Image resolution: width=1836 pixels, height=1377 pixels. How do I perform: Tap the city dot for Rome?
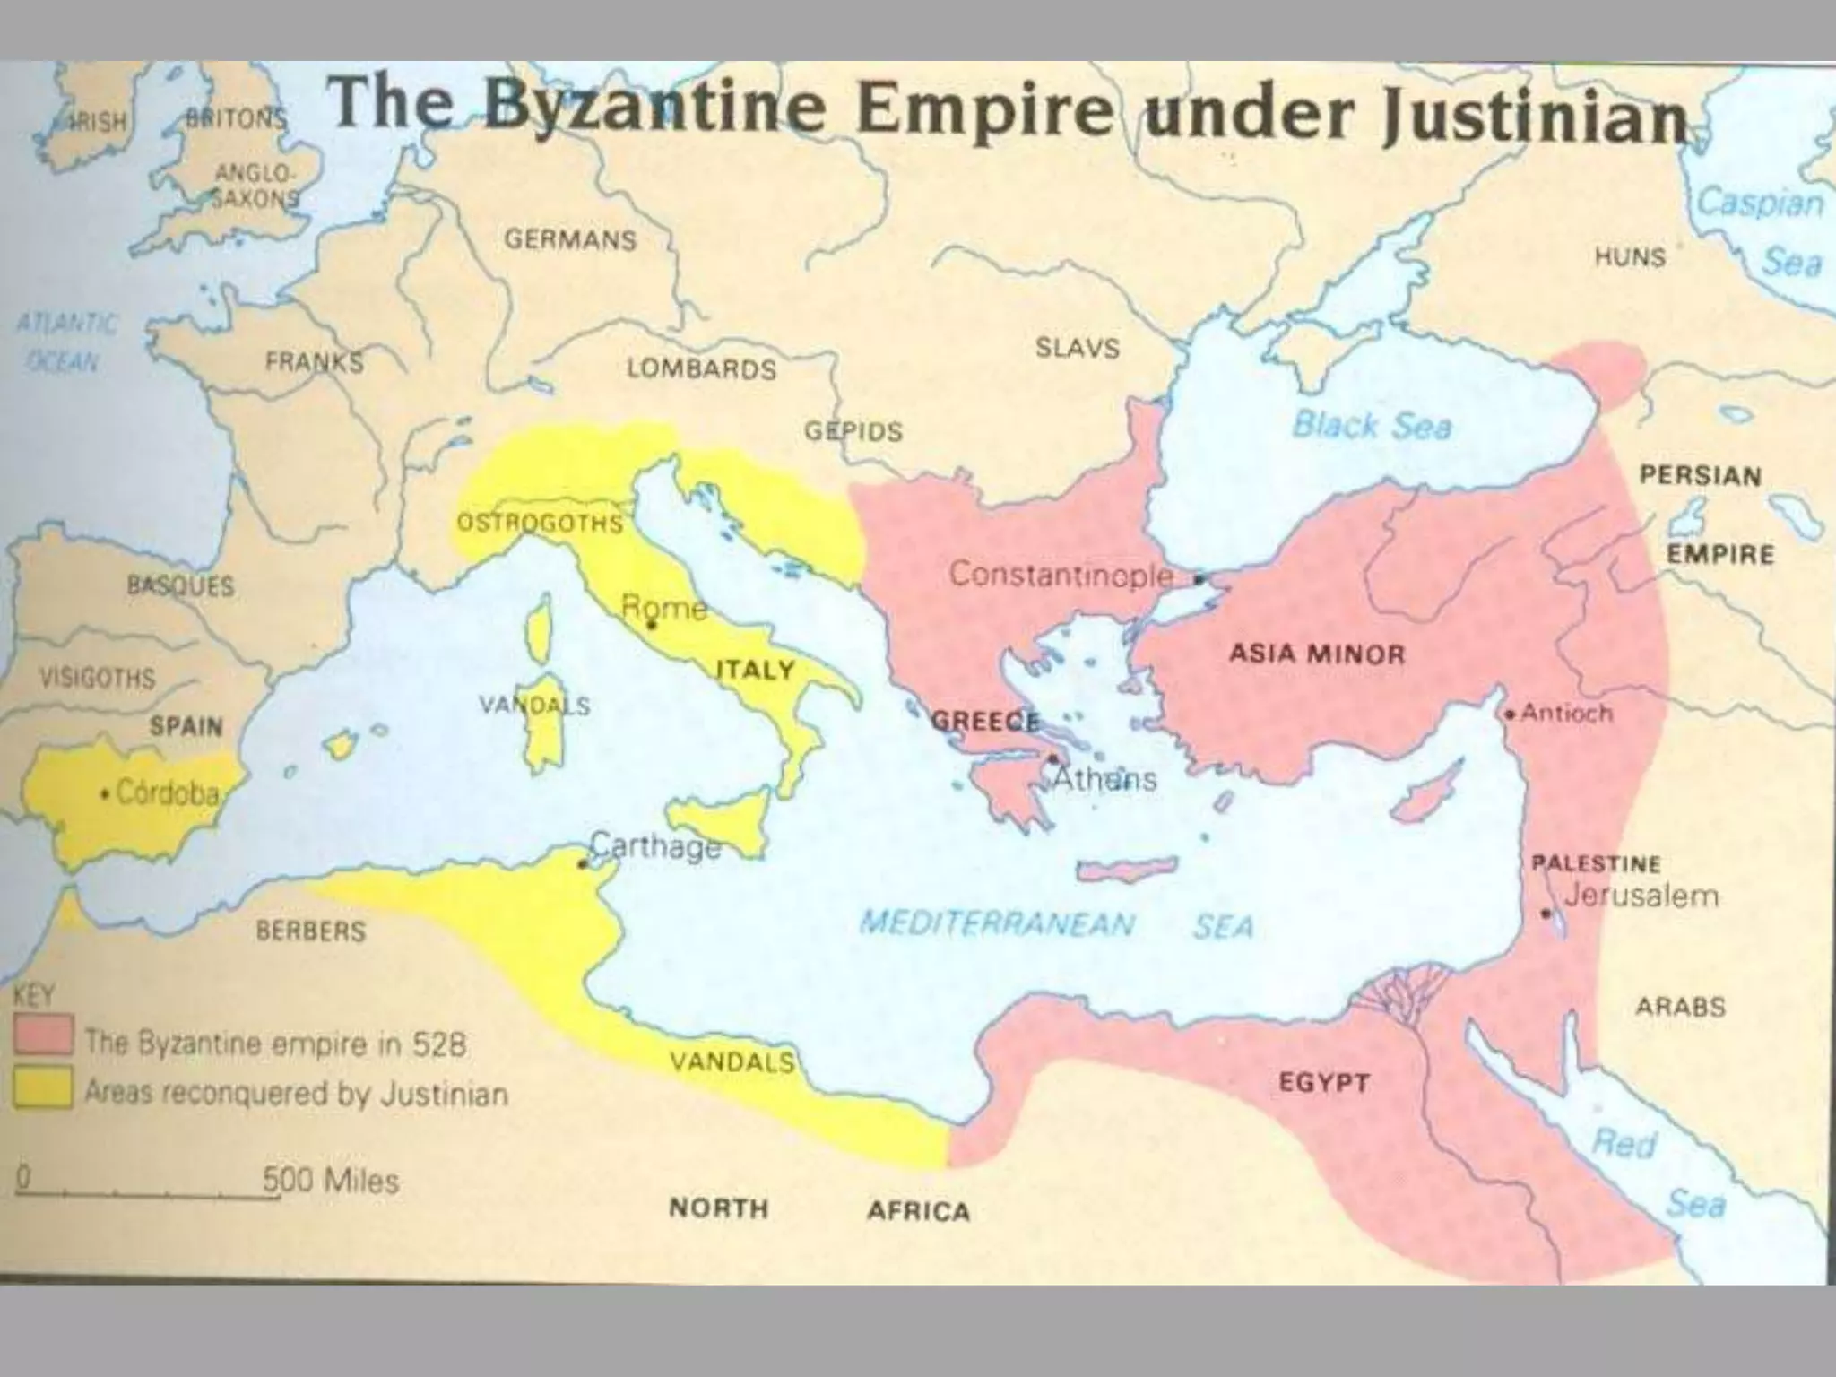[653, 624]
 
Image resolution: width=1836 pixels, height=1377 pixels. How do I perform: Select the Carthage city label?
[656, 846]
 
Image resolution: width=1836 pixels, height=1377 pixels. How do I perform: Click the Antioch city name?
[1567, 714]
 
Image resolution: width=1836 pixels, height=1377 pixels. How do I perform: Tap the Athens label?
[1104, 778]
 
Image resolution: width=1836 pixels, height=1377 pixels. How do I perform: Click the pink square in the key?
[43, 1035]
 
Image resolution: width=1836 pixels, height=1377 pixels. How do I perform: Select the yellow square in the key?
[43, 1089]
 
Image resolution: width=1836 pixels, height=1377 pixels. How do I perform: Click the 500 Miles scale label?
[331, 1180]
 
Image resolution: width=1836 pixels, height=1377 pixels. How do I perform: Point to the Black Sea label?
[1371, 425]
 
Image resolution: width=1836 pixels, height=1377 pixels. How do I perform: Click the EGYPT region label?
[1323, 1082]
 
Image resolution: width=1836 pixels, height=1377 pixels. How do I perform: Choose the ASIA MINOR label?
[1317, 654]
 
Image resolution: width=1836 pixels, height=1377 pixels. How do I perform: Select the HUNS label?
[1630, 257]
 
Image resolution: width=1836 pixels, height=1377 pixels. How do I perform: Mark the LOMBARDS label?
[701, 368]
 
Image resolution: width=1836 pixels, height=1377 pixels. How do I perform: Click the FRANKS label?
[315, 362]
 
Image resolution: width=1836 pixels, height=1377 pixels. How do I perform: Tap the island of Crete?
[1126, 868]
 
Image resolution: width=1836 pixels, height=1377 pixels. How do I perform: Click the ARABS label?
[1680, 1006]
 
